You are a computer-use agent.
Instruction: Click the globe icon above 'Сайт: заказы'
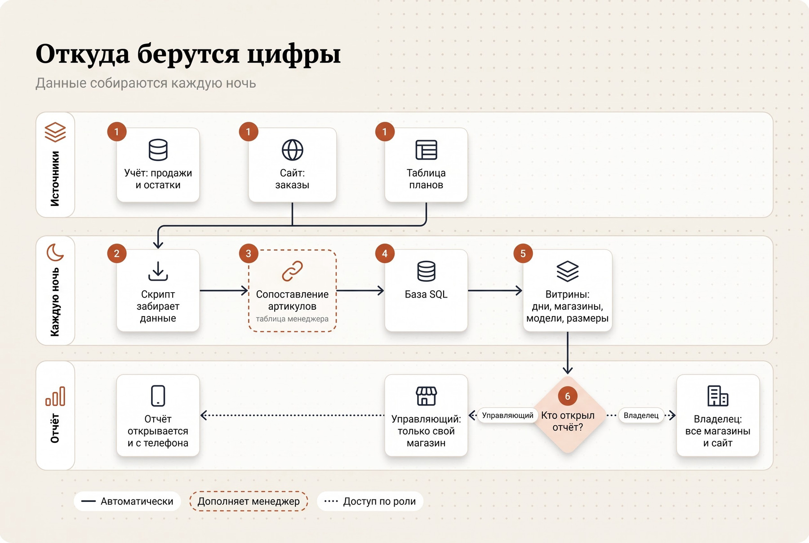pos(292,150)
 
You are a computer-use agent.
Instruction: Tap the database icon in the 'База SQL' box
pos(426,271)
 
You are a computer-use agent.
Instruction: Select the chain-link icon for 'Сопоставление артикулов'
pos(292,271)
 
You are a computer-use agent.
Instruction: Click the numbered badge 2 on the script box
pos(117,254)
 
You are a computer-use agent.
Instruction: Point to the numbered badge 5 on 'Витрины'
pos(523,254)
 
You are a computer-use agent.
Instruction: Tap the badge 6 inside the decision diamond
pos(568,396)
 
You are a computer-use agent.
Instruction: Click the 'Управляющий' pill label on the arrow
pos(507,415)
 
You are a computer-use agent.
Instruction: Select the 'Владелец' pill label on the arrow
pos(641,415)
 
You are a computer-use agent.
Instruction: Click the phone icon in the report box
pos(158,396)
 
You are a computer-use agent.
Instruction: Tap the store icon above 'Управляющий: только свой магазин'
pos(426,396)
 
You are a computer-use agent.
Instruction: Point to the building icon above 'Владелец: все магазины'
pos(718,396)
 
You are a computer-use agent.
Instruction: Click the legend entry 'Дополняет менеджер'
pos(249,501)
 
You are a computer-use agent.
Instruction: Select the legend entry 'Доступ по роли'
pos(370,501)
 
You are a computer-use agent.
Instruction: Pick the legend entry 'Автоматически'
pos(127,501)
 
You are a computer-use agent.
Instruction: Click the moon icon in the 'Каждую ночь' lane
pos(55,252)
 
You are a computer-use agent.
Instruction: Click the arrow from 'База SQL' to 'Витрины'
pos(495,291)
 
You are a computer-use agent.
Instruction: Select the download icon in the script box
pos(158,271)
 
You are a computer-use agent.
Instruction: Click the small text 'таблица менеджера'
pos(292,319)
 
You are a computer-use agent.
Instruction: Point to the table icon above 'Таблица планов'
pos(426,150)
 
